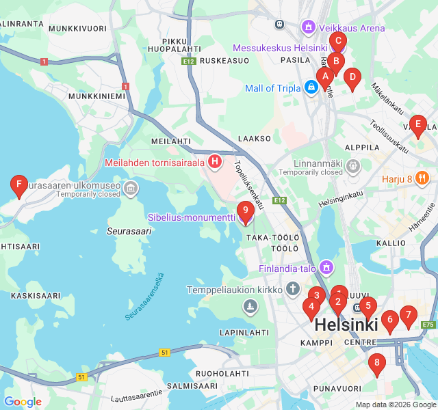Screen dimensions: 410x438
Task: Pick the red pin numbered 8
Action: [x=376, y=364]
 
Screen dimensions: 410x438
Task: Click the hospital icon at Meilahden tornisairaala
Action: [x=215, y=162]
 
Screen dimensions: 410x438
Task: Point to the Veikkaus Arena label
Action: [x=353, y=28]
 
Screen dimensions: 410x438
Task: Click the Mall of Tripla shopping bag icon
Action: [x=311, y=87]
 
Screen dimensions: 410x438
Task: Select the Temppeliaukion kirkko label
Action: [x=242, y=290]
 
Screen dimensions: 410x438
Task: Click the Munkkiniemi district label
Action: [x=97, y=96]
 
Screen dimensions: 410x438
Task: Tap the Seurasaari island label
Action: [x=129, y=231]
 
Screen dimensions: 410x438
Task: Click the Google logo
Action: [x=23, y=402]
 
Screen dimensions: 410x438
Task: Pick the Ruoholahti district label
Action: [x=222, y=374]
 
